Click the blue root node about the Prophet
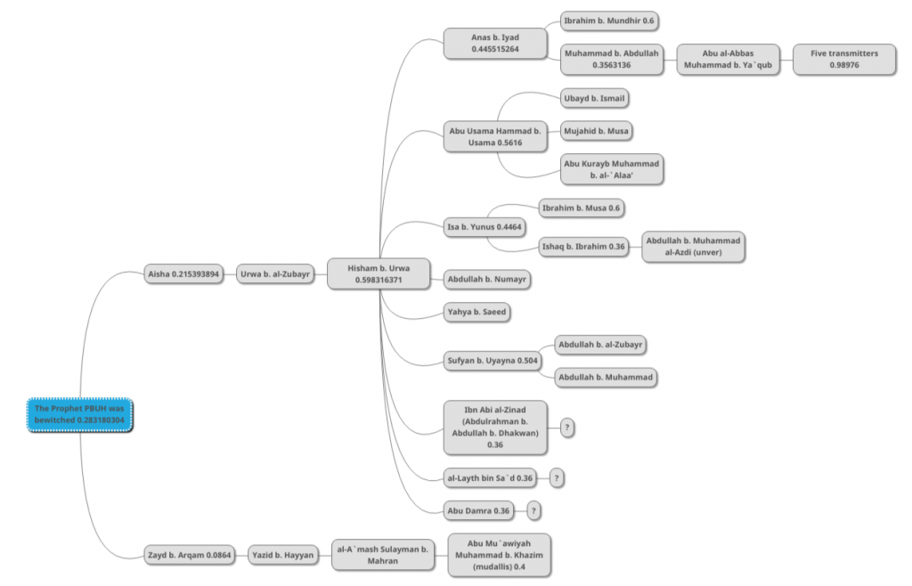coord(79,414)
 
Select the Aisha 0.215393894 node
coord(183,273)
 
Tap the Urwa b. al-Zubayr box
coord(275,273)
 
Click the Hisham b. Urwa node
coord(379,273)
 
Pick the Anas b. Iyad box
coord(495,43)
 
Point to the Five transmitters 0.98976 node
coord(844,60)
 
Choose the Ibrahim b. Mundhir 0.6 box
coord(609,21)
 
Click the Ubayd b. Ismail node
coord(594,98)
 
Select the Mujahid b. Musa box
coord(596,131)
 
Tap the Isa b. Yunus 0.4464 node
coord(484,227)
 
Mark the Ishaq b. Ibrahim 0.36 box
coord(583,247)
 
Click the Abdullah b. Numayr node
coord(487,279)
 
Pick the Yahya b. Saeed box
coord(477,312)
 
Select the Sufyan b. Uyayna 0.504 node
coord(493,361)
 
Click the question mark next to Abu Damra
coord(533,511)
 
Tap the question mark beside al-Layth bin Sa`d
coord(557,478)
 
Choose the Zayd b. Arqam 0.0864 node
coord(190,555)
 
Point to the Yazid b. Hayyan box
coord(282,555)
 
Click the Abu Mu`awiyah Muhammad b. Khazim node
coord(499,555)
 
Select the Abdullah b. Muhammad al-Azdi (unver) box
coord(693,247)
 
